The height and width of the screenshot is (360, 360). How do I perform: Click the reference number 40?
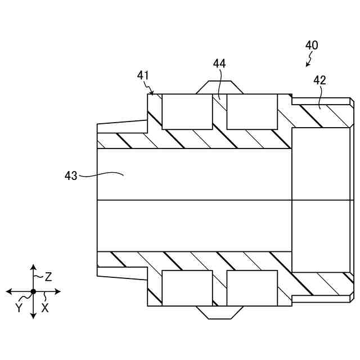pyautogui.click(x=311, y=46)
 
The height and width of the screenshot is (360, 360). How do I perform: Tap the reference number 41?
pyautogui.click(x=143, y=75)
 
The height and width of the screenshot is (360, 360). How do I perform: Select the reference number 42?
pyautogui.click(x=319, y=80)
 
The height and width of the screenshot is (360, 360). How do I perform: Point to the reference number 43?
pyautogui.click(x=71, y=176)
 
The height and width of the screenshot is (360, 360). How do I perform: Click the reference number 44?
pyautogui.click(x=219, y=64)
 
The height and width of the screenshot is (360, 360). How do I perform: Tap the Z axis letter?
pyautogui.click(x=49, y=276)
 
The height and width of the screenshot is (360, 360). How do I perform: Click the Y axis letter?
pyautogui.click(x=19, y=308)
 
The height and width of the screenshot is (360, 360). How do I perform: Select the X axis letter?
pyautogui.click(x=45, y=308)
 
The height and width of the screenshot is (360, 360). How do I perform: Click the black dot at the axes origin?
pyautogui.click(x=33, y=291)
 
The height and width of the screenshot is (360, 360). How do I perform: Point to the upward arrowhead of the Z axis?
pyautogui.click(x=33, y=267)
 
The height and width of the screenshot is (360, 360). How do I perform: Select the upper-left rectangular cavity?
pyautogui.click(x=187, y=111)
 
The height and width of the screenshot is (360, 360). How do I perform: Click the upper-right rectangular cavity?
pyautogui.click(x=252, y=111)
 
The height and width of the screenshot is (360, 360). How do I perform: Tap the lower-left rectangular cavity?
pyautogui.click(x=187, y=288)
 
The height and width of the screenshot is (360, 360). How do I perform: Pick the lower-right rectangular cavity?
pyautogui.click(x=252, y=288)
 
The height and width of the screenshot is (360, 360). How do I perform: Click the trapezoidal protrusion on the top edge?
pyautogui.click(x=220, y=87)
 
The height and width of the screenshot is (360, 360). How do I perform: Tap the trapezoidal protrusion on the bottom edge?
pyautogui.click(x=220, y=312)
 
